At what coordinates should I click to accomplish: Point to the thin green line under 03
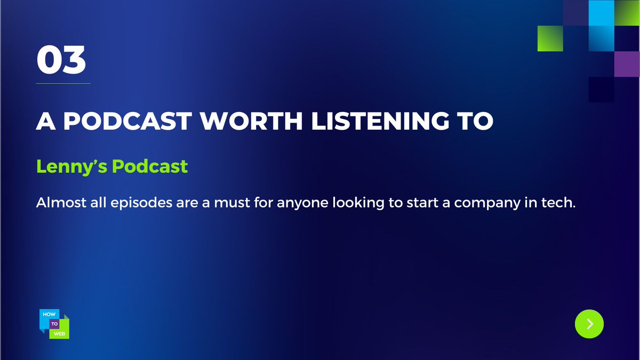click(x=63, y=84)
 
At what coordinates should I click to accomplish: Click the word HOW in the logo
click(x=47, y=315)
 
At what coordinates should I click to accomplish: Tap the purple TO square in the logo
click(x=55, y=324)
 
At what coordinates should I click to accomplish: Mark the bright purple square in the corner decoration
click(x=627, y=64)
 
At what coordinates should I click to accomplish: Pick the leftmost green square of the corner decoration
click(x=549, y=38)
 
